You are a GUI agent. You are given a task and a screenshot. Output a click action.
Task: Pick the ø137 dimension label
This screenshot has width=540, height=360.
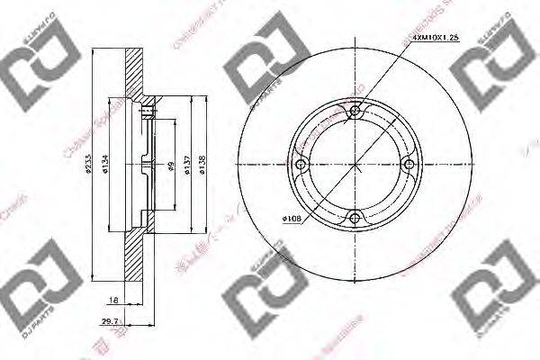[187, 164]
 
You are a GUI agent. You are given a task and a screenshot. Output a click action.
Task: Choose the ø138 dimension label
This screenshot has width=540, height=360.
[204, 164]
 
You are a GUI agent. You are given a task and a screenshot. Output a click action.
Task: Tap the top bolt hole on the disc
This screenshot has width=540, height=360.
[355, 112]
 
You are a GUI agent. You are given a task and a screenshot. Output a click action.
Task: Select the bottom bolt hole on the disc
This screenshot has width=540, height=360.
[355, 216]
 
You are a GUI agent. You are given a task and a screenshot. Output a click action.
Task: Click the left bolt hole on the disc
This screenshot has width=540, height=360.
[302, 164]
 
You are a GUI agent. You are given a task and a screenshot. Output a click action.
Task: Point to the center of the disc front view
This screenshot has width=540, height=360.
[355, 164]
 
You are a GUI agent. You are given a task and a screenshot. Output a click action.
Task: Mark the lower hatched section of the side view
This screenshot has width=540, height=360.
[133, 261]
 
